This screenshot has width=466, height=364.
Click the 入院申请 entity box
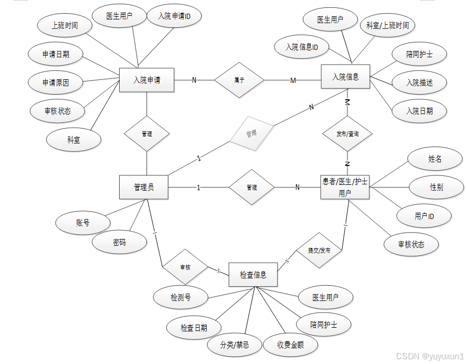coord(146,80)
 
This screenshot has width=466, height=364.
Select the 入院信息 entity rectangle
coord(345,77)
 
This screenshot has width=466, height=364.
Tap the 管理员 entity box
coord(144,187)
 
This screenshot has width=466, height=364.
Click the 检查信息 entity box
coord(253,274)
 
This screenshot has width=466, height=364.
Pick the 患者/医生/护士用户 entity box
coord(345,187)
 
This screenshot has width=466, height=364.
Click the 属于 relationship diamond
coord(239,80)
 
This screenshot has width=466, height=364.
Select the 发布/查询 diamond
coord(347,134)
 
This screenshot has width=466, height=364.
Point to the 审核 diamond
coord(185,267)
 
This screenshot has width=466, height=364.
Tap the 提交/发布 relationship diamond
coord(320,250)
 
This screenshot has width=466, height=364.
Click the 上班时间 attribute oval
coord(65,26)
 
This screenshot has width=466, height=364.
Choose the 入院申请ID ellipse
coord(174,16)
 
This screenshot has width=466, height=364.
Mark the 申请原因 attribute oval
coord(55,82)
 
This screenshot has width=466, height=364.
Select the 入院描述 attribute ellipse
coord(419,82)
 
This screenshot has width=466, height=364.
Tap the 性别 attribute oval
coord(436,186)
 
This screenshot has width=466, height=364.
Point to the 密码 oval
coord(119,243)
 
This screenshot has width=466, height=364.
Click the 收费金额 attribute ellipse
coord(290,345)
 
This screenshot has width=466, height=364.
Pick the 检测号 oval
coord(181,298)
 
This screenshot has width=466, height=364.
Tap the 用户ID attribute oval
coord(425,215)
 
